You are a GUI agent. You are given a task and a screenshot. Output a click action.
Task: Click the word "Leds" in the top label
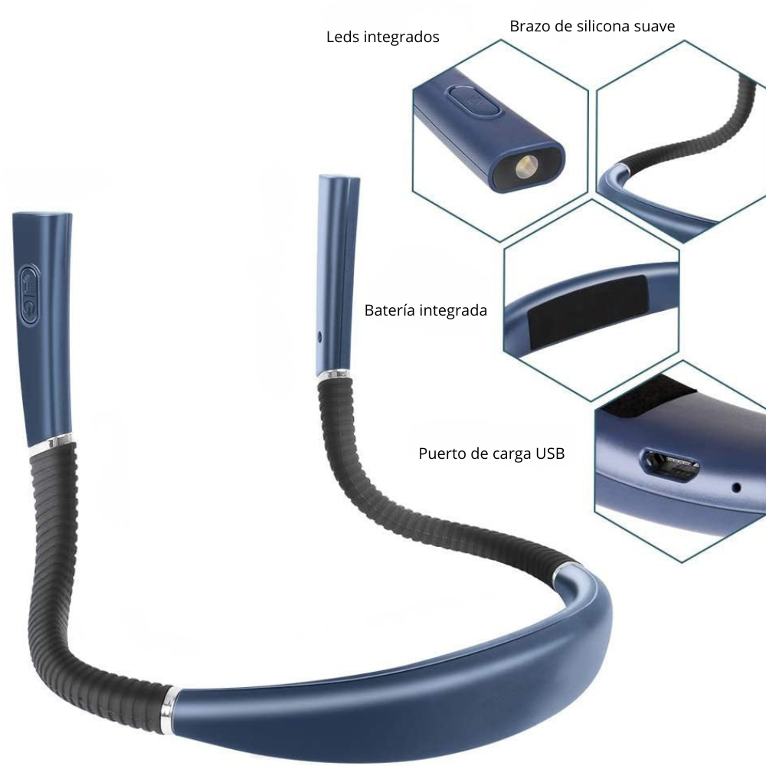(343, 37)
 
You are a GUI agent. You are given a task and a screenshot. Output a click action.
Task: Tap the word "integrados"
(401, 38)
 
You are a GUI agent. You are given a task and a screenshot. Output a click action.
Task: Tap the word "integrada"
(453, 311)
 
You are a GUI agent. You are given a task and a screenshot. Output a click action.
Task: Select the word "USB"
(550, 453)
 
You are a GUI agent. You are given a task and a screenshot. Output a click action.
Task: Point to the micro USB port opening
(672, 466)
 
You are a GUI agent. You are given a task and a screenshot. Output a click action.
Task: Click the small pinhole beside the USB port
(737, 487)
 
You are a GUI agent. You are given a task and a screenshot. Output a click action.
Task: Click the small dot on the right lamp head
(319, 336)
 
